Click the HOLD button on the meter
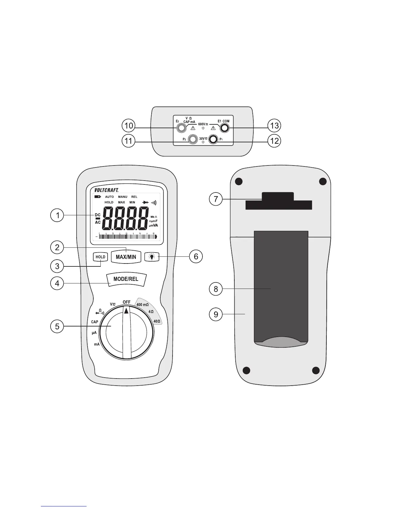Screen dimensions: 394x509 pos(100,257)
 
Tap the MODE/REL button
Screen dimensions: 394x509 pos(126,279)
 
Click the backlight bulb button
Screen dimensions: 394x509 pos(152,257)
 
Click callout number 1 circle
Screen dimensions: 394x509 pos(57,215)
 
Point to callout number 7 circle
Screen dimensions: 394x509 pos(216,200)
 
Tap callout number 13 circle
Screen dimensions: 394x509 pos(274,125)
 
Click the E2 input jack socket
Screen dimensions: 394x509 pos(181,128)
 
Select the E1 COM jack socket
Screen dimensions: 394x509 pos(224,128)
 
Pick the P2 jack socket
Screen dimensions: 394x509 pos(193,139)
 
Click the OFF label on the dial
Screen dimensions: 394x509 pos(127,302)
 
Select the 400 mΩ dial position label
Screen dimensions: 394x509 pos(143,305)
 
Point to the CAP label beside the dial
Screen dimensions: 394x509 pos(95,322)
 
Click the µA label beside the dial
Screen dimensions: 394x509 pos(94,333)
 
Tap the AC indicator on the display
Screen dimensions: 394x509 pos(98,222)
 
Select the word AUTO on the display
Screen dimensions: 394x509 pos(109,197)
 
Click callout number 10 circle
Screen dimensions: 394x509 pos(128,125)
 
